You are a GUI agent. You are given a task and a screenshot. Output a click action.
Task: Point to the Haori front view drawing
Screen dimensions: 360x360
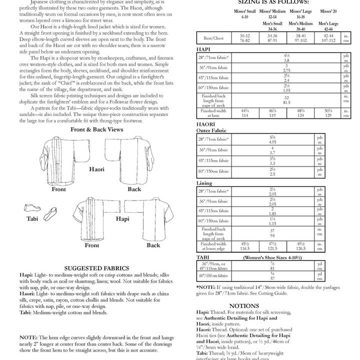click(x=59, y=160)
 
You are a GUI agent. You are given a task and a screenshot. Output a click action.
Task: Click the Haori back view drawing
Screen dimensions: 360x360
click(x=133, y=160)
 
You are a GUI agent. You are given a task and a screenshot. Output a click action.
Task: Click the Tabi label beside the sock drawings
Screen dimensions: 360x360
click(x=32, y=219)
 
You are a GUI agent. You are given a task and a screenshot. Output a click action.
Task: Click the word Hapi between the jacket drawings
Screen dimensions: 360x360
click(x=122, y=219)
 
